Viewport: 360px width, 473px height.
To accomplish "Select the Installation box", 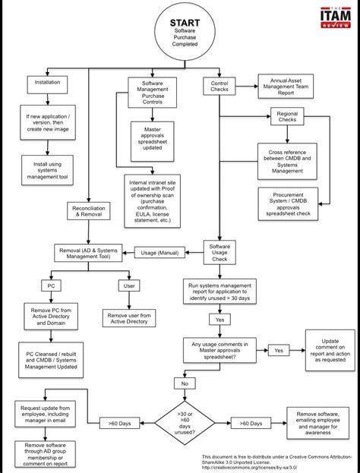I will (47, 81).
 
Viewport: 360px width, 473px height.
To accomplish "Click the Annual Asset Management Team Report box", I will (286, 87).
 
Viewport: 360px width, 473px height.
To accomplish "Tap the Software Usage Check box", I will (220, 252).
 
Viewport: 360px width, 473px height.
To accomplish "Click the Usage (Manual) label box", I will (158, 253).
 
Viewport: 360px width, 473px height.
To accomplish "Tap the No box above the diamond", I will (184, 384).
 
